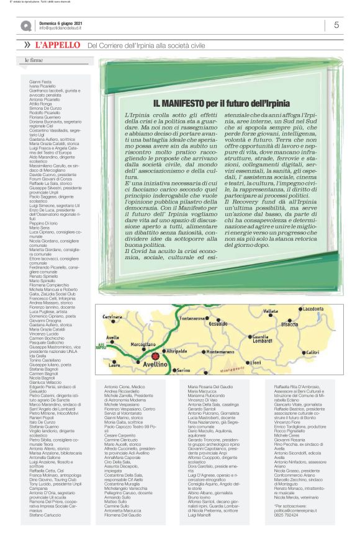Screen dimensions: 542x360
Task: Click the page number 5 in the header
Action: (x=336, y=25)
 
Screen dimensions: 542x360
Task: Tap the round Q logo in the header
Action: (x=25, y=25)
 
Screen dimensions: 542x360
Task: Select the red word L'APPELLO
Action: (x=58, y=45)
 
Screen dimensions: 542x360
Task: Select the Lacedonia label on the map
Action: (x=312, y=308)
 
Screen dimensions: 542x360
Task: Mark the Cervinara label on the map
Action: (x=113, y=317)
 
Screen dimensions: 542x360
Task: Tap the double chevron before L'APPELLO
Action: (x=27, y=45)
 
